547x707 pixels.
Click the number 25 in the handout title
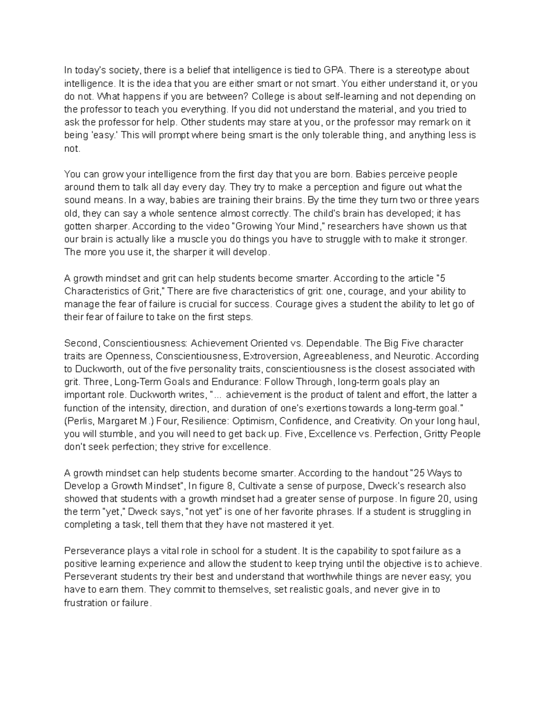(417, 473)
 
